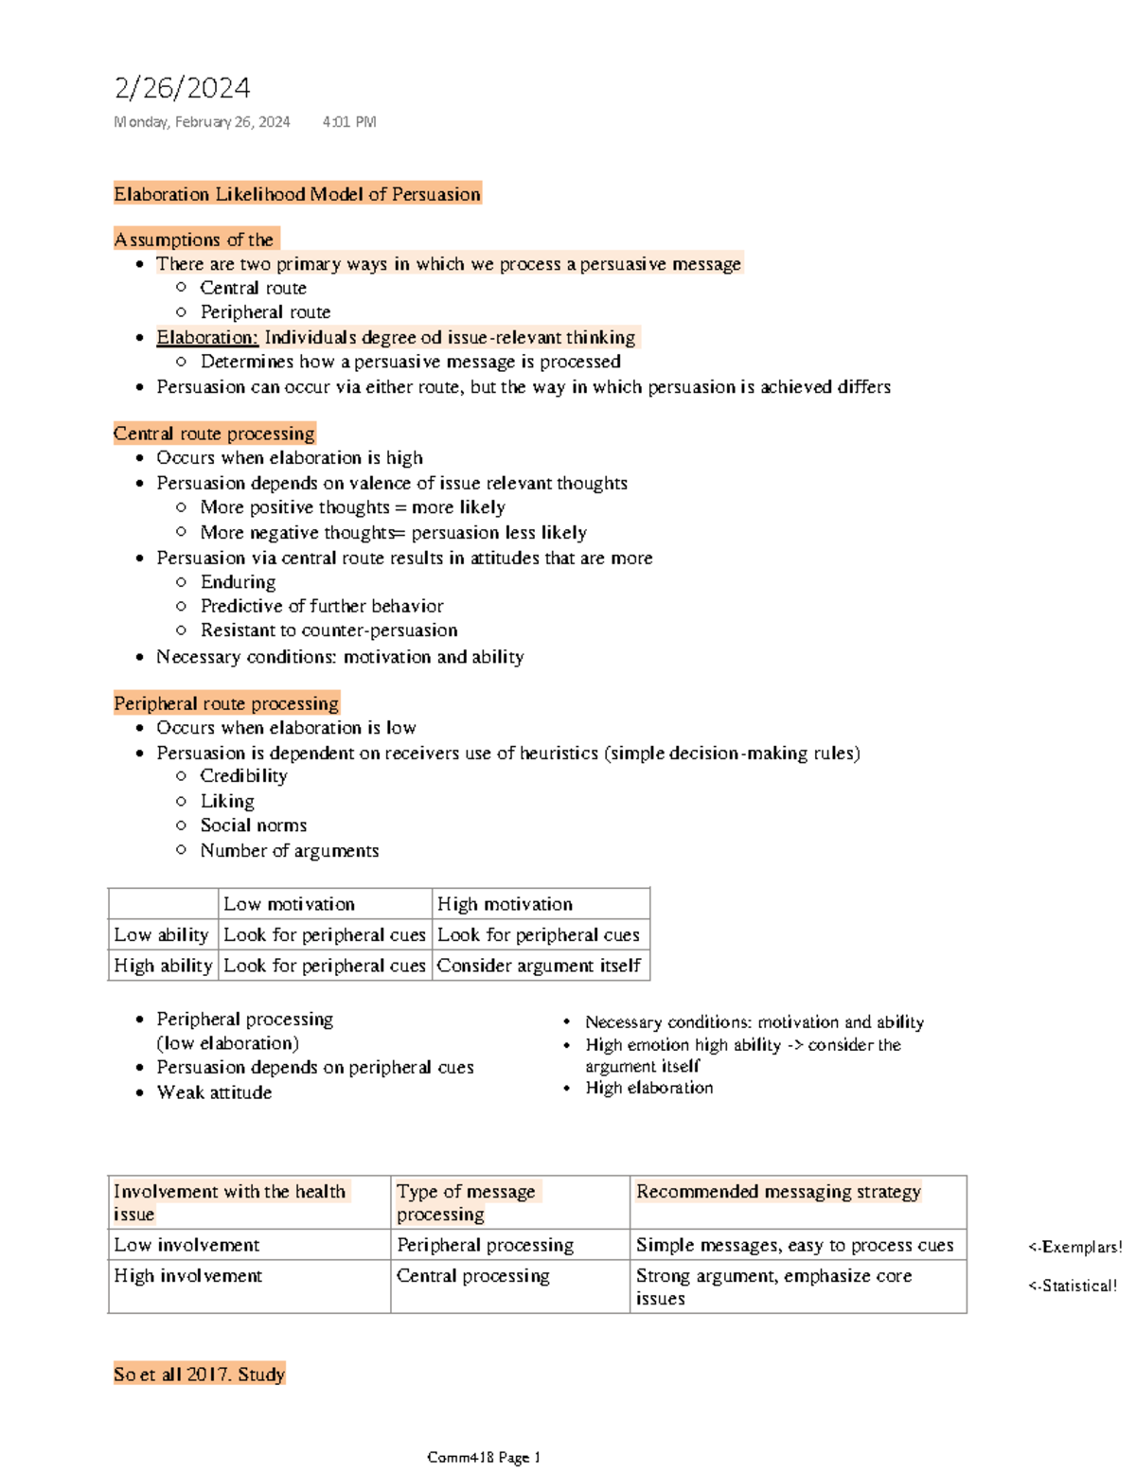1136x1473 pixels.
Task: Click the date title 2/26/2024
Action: coord(182,88)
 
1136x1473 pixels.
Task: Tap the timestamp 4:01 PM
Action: coord(348,121)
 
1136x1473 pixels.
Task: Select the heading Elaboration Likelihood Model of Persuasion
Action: coord(297,194)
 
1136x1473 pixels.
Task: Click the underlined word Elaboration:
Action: coord(207,337)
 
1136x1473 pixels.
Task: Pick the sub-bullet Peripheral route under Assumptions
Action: coord(265,312)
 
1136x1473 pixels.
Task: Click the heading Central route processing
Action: coord(214,434)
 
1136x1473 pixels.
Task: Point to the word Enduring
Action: coord(238,582)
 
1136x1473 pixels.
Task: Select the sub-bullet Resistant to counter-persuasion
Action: coord(328,630)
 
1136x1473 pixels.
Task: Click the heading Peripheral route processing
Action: coord(226,703)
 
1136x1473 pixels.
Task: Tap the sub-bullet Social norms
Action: coord(253,825)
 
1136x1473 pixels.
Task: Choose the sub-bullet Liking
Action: coord(227,801)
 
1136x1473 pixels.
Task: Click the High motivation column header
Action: coord(505,904)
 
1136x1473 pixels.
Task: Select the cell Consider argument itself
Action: coord(539,966)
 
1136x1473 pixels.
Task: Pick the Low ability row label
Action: coord(161,935)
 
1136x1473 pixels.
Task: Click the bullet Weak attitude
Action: coord(214,1092)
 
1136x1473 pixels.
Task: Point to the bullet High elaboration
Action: coord(648,1088)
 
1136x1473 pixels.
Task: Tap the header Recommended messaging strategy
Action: coord(778,1192)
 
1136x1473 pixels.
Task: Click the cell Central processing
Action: coord(472,1276)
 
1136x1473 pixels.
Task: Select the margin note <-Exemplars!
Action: coord(1074,1247)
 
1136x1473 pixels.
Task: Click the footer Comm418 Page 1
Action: coord(483,1458)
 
